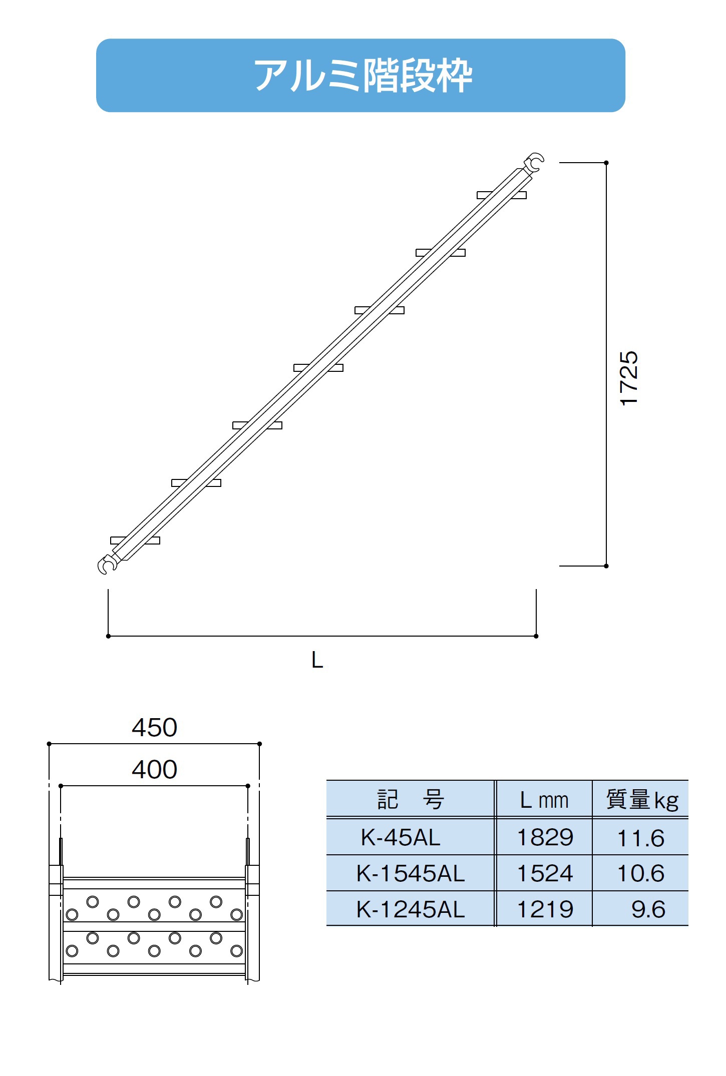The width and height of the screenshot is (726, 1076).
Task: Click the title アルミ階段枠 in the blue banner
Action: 363,76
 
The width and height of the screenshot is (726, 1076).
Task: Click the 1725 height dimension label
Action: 629,378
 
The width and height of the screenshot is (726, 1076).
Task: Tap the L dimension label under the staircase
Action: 317,660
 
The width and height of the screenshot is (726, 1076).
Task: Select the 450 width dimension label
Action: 155,727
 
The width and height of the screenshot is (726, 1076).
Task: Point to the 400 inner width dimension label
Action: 155,769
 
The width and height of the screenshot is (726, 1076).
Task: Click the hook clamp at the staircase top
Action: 534,163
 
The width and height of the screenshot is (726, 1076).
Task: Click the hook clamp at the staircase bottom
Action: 107,565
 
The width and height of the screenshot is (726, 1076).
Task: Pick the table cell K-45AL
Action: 401,837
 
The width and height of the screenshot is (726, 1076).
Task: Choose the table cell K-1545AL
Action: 411,873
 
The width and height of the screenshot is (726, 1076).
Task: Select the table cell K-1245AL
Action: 411,909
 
